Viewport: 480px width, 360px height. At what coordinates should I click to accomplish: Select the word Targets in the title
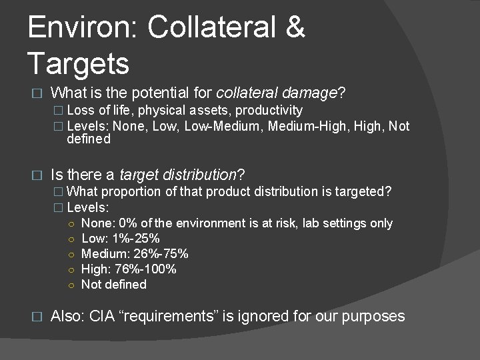click(79, 64)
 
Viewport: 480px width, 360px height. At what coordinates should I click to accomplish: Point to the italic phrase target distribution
click(178, 175)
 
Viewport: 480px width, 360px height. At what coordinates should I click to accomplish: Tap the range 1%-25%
click(137, 238)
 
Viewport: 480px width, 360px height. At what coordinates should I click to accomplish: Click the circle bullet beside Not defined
click(71, 285)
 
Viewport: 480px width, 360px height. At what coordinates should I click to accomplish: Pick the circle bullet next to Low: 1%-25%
click(71, 239)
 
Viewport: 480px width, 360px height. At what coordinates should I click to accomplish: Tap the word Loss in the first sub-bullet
click(80, 110)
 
